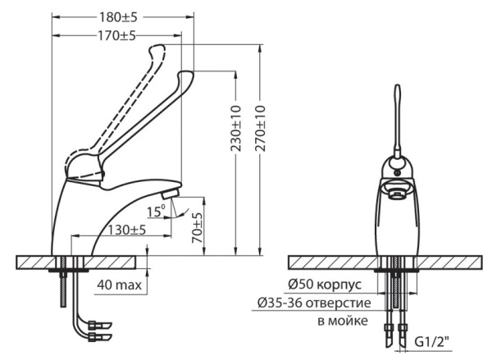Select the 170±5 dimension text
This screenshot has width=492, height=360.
pyautogui.click(x=116, y=35)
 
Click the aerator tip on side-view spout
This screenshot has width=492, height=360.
pyautogui.click(x=168, y=194)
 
